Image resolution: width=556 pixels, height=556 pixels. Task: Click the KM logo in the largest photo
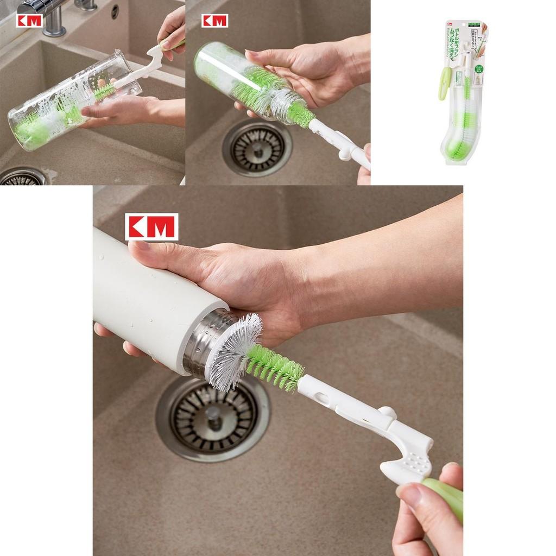pos(151,226)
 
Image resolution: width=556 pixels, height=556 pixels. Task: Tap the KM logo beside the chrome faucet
pos(29,21)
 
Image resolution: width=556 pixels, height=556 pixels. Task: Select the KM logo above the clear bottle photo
pos(214,21)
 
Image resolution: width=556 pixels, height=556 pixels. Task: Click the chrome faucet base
pos(54,24)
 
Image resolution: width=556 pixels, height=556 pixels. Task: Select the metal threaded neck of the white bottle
pos(202,342)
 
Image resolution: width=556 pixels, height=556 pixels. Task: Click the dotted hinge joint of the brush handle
pos(415,461)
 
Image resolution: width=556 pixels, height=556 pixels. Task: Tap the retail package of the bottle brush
pos(463,92)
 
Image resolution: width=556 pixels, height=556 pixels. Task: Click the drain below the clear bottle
pos(257,148)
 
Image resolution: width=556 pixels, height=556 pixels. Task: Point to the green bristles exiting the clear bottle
pos(300,115)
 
